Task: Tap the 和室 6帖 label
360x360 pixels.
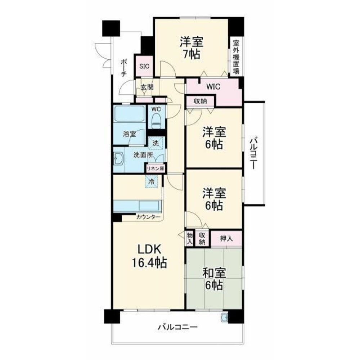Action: click(x=214, y=279)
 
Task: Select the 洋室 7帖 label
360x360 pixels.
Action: click(x=192, y=48)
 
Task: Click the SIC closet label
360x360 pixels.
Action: click(x=144, y=66)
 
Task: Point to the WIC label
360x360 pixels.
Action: click(x=213, y=86)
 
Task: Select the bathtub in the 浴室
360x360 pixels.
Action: click(x=130, y=113)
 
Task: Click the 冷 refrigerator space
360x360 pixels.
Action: click(x=152, y=181)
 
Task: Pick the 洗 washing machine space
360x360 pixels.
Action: click(x=156, y=143)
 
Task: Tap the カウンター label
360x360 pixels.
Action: click(x=148, y=217)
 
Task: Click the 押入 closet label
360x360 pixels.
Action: click(x=226, y=239)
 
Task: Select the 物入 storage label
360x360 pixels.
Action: click(x=189, y=238)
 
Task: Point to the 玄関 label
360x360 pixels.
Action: click(x=147, y=87)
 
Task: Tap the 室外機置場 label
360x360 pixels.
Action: click(x=236, y=57)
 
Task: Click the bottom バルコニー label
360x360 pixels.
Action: click(x=177, y=327)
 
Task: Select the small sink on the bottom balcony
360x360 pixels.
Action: click(x=224, y=318)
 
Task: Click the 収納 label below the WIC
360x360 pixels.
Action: click(x=201, y=101)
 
